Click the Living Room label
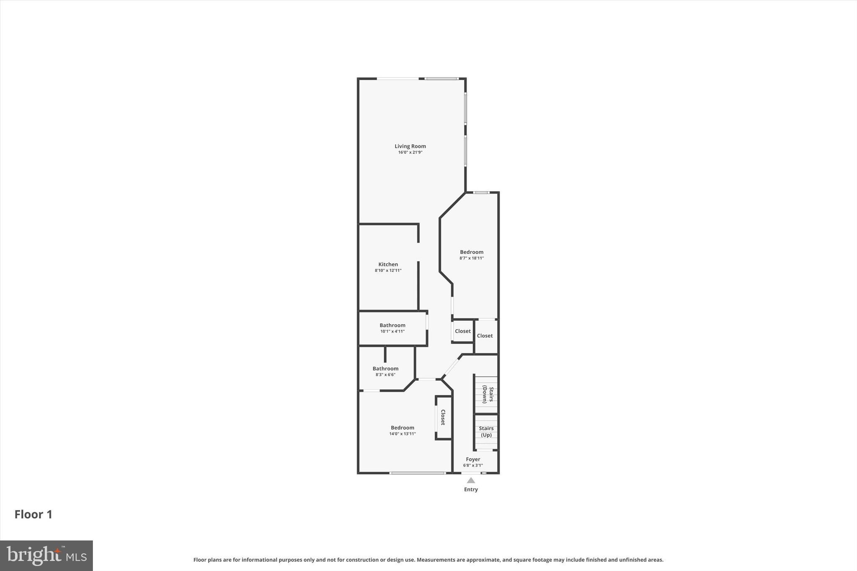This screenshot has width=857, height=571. (410, 146)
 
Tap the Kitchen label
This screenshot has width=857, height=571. (388, 264)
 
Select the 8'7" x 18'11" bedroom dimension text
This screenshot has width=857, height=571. (472, 258)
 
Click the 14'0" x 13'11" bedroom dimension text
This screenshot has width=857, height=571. (402, 434)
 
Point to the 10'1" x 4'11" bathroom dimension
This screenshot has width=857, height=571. (392, 331)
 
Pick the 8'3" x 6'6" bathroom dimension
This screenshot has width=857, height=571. (385, 375)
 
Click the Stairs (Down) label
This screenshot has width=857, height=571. (488, 394)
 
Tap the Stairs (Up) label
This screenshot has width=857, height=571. (486, 431)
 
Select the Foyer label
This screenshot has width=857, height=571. (473, 459)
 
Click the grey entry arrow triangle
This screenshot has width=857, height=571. (471, 480)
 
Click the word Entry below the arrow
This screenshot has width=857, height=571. (471, 489)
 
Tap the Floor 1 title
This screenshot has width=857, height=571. (33, 514)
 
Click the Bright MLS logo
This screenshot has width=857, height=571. (46, 556)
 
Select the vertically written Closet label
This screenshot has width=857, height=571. (443, 417)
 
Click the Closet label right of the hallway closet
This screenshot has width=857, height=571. (485, 335)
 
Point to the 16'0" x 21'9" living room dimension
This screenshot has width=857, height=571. (410, 152)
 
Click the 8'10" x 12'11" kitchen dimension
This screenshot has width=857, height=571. (388, 270)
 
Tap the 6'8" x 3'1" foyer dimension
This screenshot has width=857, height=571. (473, 465)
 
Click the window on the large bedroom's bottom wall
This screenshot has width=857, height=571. (417, 473)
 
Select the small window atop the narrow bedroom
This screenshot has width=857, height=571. (481, 192)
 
